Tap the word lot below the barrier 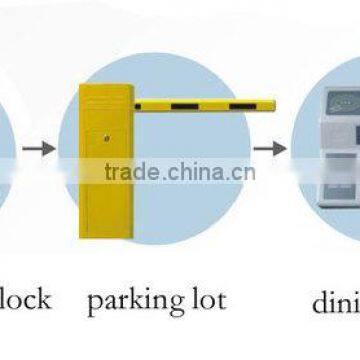pos(204,300)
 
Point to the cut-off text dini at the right pos(334,300)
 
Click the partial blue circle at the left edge pos(6,150)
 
